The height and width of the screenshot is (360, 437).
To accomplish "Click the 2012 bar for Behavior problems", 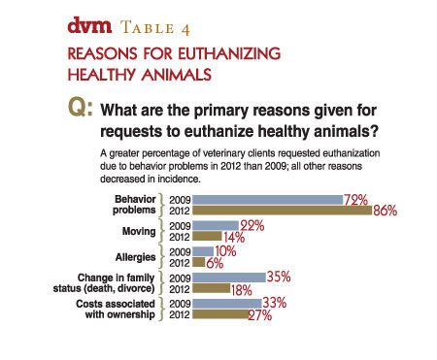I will pyautogui.click(x=282, y=210).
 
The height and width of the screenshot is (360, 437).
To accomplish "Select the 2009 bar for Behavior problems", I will pyautogui.click(x=267, y=199).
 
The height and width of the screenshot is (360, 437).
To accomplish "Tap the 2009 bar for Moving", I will pyautogui.click(x=216, y=225).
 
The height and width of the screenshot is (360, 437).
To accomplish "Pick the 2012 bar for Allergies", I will pyautogui.click(x=199, y=262).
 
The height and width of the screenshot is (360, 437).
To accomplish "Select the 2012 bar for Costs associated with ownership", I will pyautogui.click(x=220, y=314).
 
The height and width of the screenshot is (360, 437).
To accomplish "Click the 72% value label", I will pyautogui.click(x=355, y=198).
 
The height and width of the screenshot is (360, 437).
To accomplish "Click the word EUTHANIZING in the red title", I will pyautogui.click(x=201, y=50).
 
